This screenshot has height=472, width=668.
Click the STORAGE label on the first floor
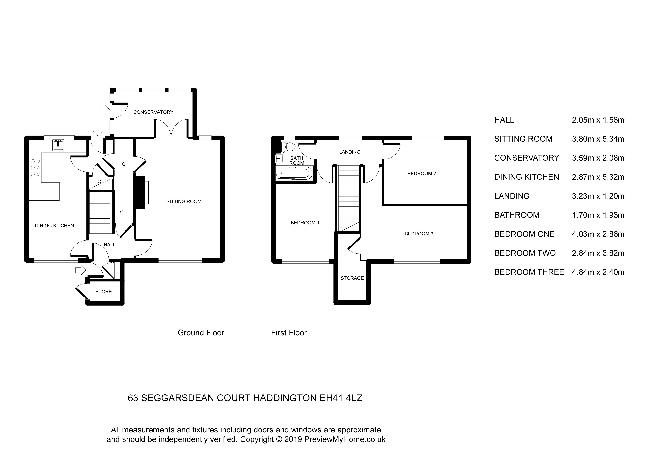pyautogui.click(x=352, y=278)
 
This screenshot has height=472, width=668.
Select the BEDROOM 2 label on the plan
pyautogui.click(x=422, y=174)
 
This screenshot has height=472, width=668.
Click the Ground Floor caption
pyautogui.click(x=201, y=333)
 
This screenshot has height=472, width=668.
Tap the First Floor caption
pyautogui.click(x=289, y=333)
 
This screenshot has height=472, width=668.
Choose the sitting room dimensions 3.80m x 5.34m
pyautogui.click(x=598, y=139)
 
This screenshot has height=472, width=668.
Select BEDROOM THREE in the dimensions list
pyautogui.click(x=529, y=272)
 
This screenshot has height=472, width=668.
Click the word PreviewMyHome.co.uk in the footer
pyautogui.click(x=345, y=439)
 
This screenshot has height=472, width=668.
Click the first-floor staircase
pyautogui.click(x=348, y=198)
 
